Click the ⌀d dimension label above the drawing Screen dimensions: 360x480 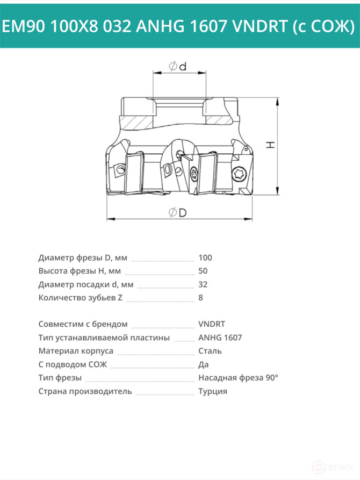click(177, 66)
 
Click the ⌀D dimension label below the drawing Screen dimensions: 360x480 click(177, 212)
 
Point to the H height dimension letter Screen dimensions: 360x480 click(270, 145)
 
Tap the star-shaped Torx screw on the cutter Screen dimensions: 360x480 click(238, 174)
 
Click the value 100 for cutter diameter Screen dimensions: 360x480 click(205, 258)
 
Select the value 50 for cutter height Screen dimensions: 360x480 click(203, 271)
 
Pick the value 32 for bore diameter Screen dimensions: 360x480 click(203, 284)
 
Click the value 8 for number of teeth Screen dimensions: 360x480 click(200, 298)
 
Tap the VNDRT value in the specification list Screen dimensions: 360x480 click(212, 324)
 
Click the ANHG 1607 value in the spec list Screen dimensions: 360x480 click(220, 338)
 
